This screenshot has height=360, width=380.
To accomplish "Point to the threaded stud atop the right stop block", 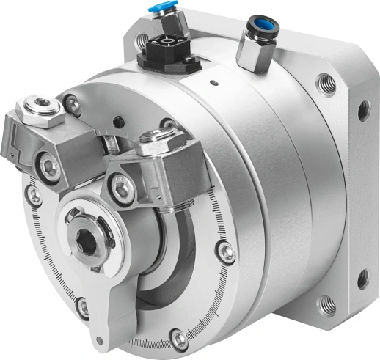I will point(153,136).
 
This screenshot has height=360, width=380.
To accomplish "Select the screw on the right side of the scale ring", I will point(227,254).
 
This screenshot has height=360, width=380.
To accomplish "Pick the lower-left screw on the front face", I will point(82,306).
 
